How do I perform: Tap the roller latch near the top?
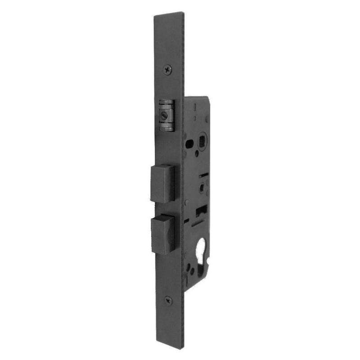pyautogui.click(x=166, y=115)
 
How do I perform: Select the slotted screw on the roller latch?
pyautogui.click(x=163, y=116)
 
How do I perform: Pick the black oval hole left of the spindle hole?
pyautogui.click(x=189, y=144)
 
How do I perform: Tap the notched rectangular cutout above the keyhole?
pyautogui.click(x=202, y=210)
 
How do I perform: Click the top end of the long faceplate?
pyautogui.click(x=169, y=16)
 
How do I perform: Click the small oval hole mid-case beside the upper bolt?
pyautogui.click(x=202, y=186)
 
